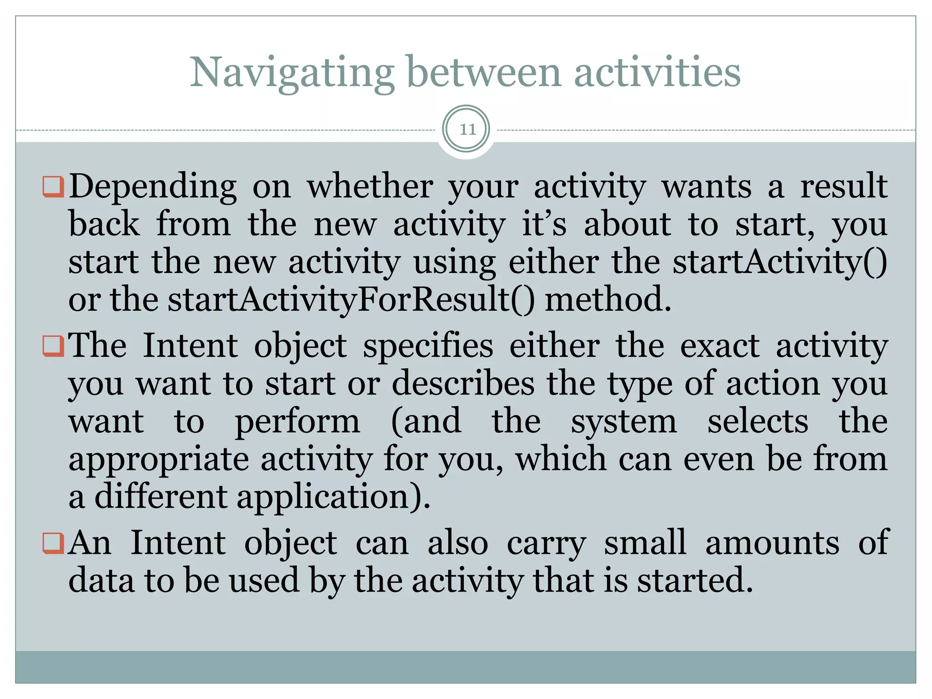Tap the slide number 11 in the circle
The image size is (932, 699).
(x=467, y=130)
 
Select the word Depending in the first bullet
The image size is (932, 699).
(x=152, y=187)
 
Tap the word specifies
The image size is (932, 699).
(x=428, y=346)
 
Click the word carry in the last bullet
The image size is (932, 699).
(x=546, y=544)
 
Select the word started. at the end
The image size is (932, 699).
(x=694, y=581)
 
